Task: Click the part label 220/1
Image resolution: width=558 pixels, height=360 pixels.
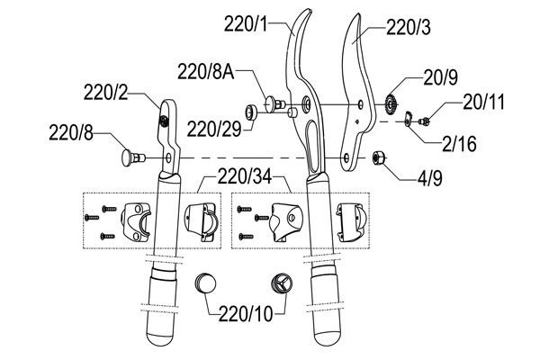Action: tap(245, 24)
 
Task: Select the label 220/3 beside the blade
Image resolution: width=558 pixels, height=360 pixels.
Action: tap(409, 27)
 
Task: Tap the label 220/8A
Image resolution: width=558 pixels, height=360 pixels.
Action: tap(206, 72)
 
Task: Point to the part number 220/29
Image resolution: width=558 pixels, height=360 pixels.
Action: tap(214, 129)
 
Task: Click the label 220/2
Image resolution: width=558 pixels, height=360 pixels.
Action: tap(105, 93)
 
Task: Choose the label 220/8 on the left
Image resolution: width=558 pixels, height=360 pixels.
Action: tap(71, 132)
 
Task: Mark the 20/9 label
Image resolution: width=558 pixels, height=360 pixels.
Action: tap(440, 77)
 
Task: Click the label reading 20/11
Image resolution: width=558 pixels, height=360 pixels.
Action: tap(483, 102)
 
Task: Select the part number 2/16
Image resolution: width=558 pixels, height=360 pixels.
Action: tap(459, 144)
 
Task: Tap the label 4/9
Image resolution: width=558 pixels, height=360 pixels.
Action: tap(430, 178)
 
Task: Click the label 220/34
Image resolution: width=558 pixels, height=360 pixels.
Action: tap(245, 176)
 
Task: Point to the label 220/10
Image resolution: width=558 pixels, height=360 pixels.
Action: tap(246, 314)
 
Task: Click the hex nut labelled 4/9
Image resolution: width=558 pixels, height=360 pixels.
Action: tap(378, 157)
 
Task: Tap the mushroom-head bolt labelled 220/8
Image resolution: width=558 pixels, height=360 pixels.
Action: tap(132, 157)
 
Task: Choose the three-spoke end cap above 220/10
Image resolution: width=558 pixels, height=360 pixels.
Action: tap(282, 283)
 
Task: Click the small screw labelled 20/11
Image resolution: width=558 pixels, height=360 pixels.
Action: tap(424, 121)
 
